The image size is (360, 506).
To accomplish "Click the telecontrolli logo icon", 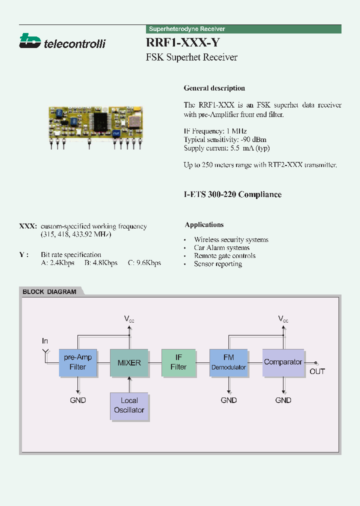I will (x=29, y=40).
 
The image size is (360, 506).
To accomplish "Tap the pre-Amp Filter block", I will (x=78, y=362).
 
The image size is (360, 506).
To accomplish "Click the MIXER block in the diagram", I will (x=129, y=362).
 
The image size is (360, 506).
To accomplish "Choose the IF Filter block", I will (x=178, y=362).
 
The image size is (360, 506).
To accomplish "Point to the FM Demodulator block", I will (x=228, y=362).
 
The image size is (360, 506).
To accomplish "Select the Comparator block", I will (x=283, y=362).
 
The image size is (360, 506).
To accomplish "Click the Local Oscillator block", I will (x=129, y=405).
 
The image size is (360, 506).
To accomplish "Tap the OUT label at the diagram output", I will (x=317, y=371).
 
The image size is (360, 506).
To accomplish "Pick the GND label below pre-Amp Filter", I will (x=78, y=400).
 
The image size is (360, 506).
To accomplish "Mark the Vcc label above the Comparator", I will (x=283, y=318).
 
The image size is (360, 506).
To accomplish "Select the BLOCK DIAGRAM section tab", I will (x=50, y=291).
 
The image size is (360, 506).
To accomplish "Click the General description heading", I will (x=214, y=88).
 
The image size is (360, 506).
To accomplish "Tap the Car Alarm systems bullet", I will (x=221, y=247).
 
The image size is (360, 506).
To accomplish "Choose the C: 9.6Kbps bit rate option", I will (x=144, y=262).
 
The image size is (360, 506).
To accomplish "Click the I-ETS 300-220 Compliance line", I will (x=232, y=194).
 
